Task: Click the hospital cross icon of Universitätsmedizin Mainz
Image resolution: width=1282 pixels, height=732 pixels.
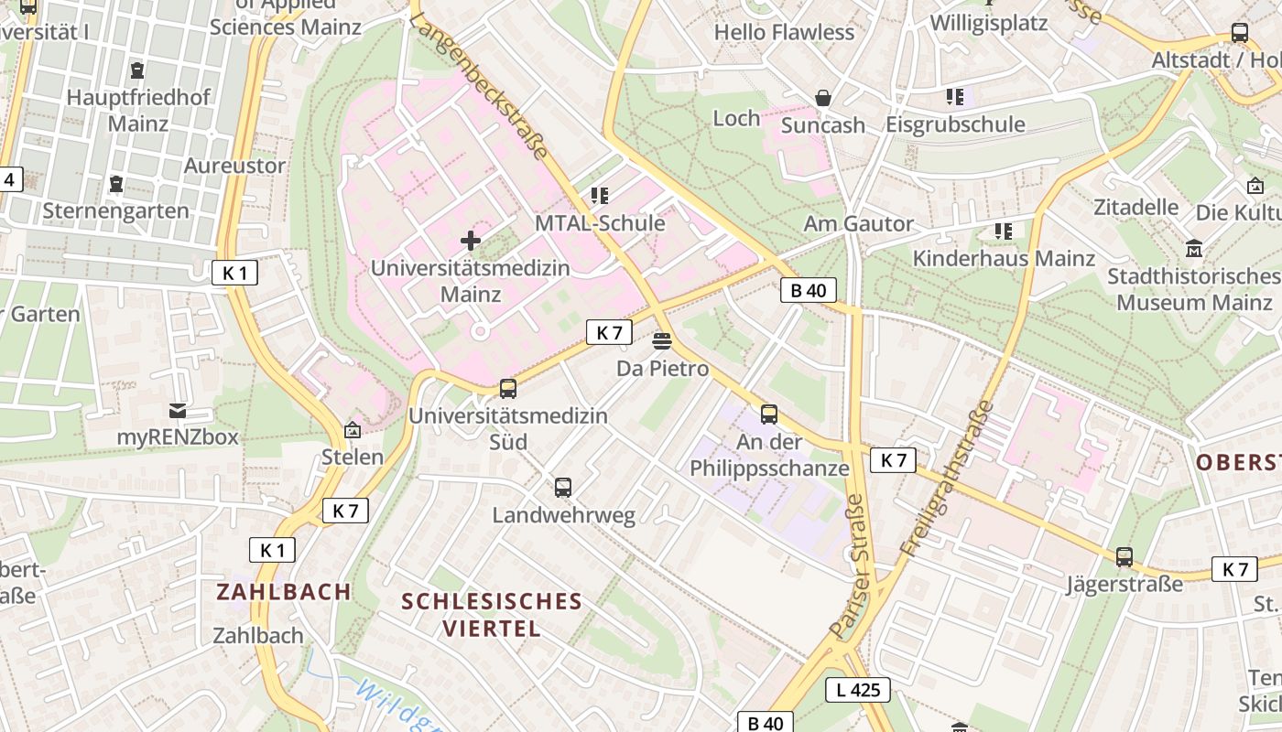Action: click(471, 241)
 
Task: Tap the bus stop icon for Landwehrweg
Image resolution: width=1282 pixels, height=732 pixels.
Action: click(563, 488)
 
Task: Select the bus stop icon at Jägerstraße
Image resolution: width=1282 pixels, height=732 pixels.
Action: click(1124, 556)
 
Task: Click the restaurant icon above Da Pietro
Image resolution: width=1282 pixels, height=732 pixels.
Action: click(662, 341)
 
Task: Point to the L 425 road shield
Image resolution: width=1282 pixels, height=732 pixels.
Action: click(857, 690)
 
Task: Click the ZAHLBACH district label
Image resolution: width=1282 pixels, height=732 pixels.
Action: click(284, 592)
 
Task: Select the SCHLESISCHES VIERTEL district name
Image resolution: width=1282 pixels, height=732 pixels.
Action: click(492, 614)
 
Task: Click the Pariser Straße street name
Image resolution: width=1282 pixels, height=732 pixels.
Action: click(848, 566)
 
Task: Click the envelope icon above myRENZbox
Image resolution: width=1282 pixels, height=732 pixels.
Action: click(178, 411)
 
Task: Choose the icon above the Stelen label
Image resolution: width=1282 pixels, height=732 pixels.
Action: click(353, 430)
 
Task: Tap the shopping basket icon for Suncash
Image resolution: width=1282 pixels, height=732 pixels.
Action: click(823, 98)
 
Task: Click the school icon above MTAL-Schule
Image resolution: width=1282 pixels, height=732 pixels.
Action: click(600, 196)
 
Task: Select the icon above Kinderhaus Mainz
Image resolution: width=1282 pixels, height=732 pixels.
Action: click(1004, 231)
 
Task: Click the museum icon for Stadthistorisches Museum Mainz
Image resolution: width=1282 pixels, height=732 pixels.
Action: click(1194, 248)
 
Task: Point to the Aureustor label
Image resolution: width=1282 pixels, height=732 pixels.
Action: click(234, 166)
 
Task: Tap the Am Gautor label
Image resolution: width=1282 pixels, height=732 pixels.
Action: click(858, 223)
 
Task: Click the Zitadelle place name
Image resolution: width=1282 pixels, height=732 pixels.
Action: click(1135, 207)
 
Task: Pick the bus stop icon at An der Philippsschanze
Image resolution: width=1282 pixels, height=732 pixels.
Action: click(769, 414)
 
